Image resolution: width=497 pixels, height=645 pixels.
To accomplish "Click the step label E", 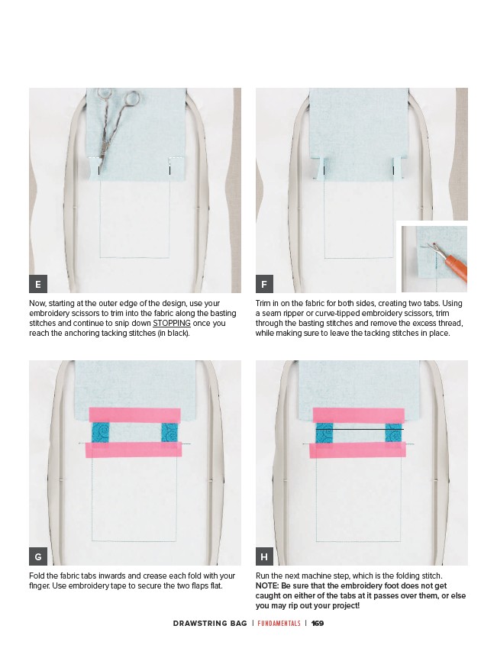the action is [x=38, y=284].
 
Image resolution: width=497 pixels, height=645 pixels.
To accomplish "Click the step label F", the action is [x=265, y=284].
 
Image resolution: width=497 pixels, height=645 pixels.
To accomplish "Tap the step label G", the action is [x=38, y=556].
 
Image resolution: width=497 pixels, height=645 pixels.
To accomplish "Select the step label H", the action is [x=265, y=556].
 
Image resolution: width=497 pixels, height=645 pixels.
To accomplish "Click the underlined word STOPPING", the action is [x=172, y=324].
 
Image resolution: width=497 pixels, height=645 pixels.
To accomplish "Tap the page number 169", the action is [x=318, y=623].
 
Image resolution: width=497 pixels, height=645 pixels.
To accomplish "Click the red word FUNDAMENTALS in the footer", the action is [x=279, y=623].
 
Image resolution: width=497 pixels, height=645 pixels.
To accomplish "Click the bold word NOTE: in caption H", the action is [x=267, y=585].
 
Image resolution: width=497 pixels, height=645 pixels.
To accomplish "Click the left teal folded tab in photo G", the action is [x=99, y=432].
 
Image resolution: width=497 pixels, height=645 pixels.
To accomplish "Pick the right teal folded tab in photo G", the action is [x=169, y=432].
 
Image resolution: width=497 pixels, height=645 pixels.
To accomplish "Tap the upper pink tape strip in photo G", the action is [x=135, y=414].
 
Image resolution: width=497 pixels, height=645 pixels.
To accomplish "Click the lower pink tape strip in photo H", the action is [x=357, y=450].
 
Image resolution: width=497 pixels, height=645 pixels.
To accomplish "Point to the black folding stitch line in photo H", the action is [x=360, y=430].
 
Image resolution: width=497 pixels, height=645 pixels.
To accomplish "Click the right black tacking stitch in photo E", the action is [x=170, y=170].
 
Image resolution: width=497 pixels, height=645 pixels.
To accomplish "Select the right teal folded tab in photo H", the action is [x=393, y=432].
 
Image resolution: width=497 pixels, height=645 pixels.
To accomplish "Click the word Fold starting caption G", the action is [x=36, y=576].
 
